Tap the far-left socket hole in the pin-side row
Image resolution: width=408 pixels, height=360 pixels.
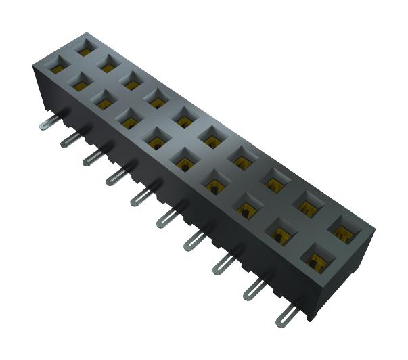tap(57, 67)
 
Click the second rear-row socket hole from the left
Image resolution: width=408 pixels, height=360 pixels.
tap(108, 64)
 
